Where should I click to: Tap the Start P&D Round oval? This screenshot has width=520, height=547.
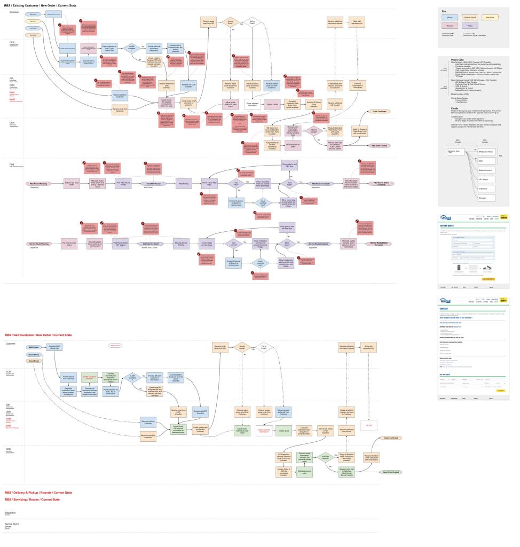(150, 183)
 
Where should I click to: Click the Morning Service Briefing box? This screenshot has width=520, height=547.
(181, 244)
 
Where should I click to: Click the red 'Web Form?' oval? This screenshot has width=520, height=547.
(115, 346)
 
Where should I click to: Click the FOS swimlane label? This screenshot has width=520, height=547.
(12, 165)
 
